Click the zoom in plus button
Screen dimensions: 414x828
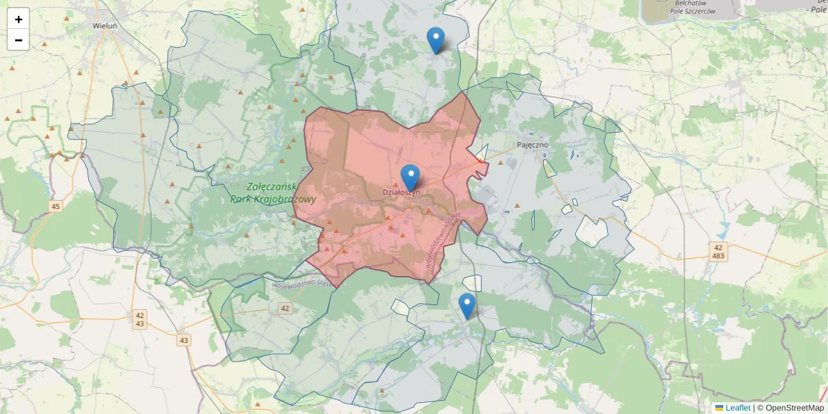coord(19,19)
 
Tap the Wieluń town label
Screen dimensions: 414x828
coord(105,26)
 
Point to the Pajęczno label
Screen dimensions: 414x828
coord(533,146)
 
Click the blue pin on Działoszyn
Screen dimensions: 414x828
coord(411,177)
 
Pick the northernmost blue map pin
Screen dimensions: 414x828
coord(435,39)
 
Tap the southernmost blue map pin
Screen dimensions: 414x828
coord(467,305)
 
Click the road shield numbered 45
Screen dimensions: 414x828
coord(56,206)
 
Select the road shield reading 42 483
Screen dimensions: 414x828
coord(718,251)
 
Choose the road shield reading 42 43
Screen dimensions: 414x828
coord(140,319)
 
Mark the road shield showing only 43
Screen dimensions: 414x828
coord(184,340)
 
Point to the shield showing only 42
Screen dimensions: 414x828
coord(285,308)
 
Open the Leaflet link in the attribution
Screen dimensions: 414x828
coord(738,408)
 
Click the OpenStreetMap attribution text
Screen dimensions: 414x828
coord(794,408)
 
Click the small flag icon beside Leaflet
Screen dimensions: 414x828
coord(720,408)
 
